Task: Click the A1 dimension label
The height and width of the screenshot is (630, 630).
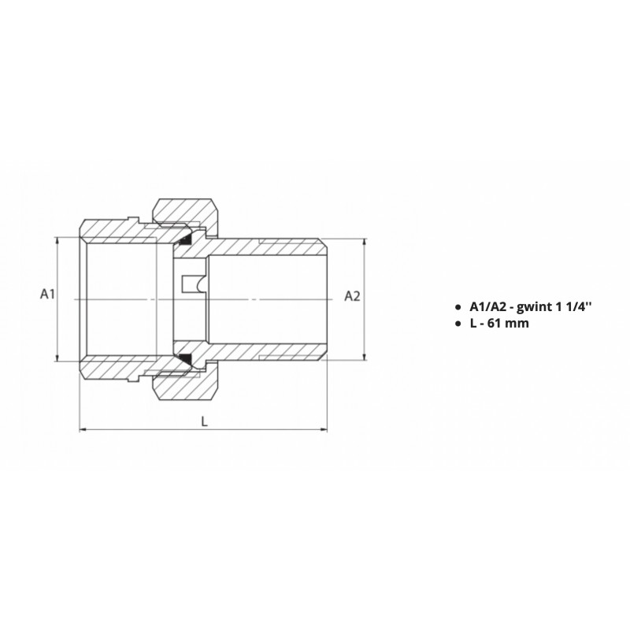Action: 47,294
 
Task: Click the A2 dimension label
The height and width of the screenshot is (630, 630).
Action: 352,296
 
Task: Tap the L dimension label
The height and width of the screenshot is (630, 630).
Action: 205,421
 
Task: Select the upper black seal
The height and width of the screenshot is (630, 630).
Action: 185,240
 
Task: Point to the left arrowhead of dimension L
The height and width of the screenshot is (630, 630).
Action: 83,430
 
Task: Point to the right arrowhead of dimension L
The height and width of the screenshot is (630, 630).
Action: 324,430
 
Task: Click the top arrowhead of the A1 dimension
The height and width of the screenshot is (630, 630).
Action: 57,241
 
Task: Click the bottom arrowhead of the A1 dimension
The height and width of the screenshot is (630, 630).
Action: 57,358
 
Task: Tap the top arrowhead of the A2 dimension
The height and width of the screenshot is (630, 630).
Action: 365,243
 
